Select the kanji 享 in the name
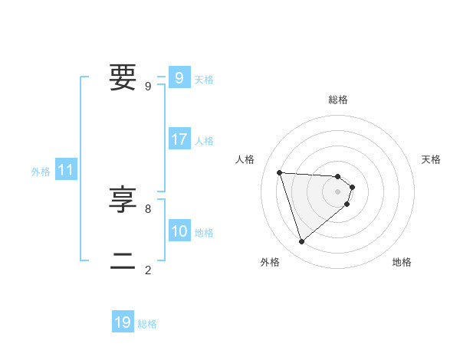tap(123, 200)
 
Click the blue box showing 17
tap(179, 139)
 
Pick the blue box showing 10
tap(179, 231)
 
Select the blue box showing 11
tap(66, 170)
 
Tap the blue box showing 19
tap(123, 322)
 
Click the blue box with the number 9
tap(179, 77)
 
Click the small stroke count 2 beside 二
tap(148, 270)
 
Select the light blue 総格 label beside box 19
tap(147, 324)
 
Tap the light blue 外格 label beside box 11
tap(41, 172)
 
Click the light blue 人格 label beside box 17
tap(204, 141)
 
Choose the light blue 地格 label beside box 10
tap(204, 233)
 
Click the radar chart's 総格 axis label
tap(338, 100)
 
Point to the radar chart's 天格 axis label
tap(432, 159)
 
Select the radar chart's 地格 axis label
tap(402, 262)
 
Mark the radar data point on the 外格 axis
tap(301, 242)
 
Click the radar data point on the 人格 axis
tap(280, 172)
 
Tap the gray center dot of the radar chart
tap(338, 191)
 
